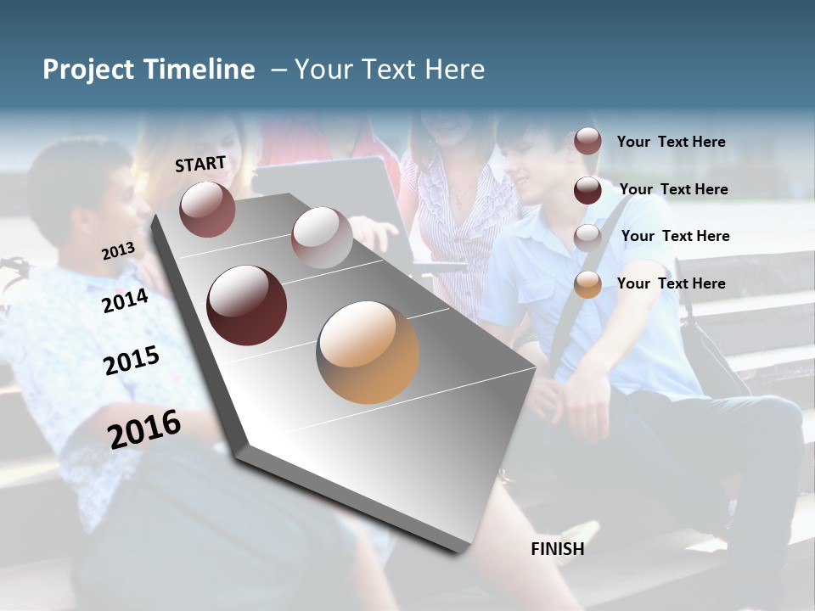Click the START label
tap(200, 164)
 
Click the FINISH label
tap(558, 549)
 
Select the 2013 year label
tap(118, 251)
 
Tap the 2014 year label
tap(125, 301)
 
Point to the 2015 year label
tap(132, 361)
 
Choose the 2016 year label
tap(144, 429)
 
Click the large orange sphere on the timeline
tap(368, 352)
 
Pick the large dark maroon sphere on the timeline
tap(247, 305)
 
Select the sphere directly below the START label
tap(207, 209)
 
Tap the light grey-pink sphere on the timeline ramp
tap(322, 238)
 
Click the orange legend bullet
tap(587, 284)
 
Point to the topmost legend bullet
tap(587, 141)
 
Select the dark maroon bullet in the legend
tap(587, 189)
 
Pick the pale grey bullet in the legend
tap(587, 237)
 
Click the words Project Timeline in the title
tap(149, 70)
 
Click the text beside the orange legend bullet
tap(671, 283)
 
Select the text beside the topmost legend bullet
tap(671, 142)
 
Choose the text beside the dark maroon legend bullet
tap(673, 189)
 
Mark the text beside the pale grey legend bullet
tap(675, 236)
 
